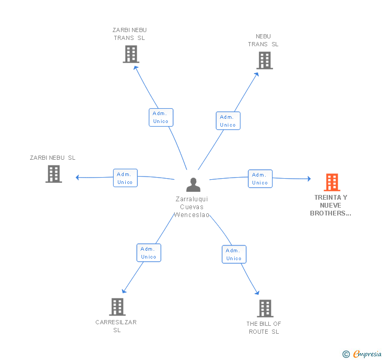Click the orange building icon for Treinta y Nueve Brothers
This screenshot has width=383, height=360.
click(x=332, y=182)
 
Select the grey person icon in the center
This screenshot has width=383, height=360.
click(x=193, y=184)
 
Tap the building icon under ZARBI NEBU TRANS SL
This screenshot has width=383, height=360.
click(x=131, y=54)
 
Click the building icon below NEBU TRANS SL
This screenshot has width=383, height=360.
click(x=265, y=60)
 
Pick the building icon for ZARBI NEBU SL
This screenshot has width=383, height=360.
click(x=54, y=174)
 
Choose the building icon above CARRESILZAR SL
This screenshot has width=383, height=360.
click(x=117, y=307)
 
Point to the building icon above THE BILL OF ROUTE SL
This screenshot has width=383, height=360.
click(x=265, y=308)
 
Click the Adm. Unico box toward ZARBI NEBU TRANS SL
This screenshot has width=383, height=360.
click(x=161, y=117)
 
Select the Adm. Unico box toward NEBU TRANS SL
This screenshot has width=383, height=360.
click(x=228, y=121)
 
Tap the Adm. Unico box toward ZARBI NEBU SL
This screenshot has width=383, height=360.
click(x=125, y=178)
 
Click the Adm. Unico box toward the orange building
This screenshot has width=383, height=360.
click(x=260, y=179)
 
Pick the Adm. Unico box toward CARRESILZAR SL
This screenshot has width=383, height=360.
click(x=149, y=253)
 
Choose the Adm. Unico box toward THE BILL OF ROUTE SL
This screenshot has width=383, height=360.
click(x=234, y=254)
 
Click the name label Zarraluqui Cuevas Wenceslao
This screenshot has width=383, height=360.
click(x=191, y=207)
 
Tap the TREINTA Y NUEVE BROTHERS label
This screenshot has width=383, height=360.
click(x=330, y=205)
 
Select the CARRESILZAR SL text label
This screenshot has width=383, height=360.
click(x=116, y=326)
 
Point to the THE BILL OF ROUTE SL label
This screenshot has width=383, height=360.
click(x=264, y=327)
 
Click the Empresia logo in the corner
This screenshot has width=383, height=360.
click(x=362, y=354)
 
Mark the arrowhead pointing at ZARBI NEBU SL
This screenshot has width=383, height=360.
click(x=77, y=178)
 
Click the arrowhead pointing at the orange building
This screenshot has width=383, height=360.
click(x=309, y=179)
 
